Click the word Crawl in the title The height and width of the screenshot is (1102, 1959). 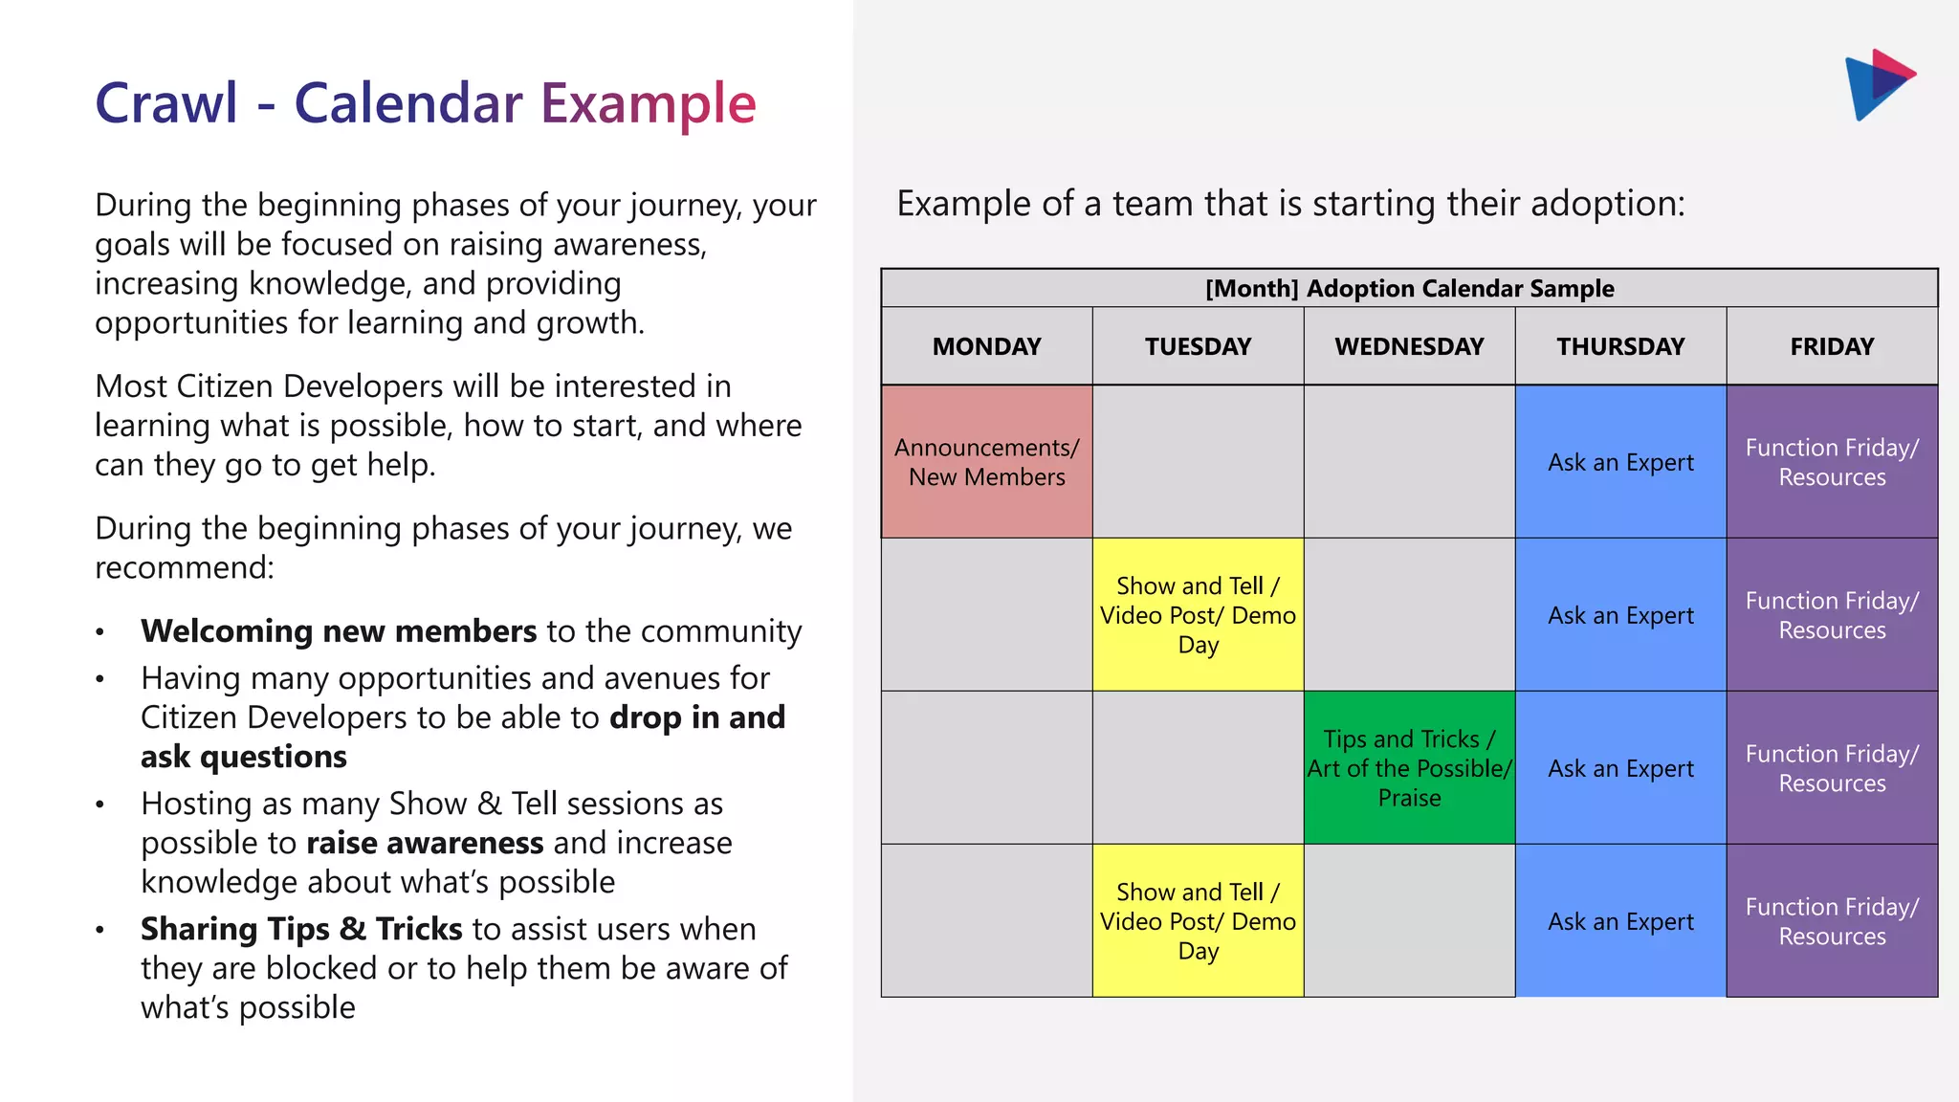point(166,103)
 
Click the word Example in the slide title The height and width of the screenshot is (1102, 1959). point(648,103)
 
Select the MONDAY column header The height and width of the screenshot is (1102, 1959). point(986,346)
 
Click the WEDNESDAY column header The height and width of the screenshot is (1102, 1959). point(1409,346)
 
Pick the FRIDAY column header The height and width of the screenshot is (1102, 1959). point(1832,346)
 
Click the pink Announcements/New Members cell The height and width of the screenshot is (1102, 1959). point(986,462)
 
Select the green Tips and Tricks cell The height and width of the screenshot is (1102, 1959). point(1409,768)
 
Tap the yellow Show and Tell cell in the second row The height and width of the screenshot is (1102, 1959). point(1198,615)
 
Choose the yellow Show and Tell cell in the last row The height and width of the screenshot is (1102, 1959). point(1198,921)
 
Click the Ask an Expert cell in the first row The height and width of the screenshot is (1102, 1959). point(1620,462)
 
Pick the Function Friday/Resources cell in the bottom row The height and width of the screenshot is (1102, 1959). point(1832,921)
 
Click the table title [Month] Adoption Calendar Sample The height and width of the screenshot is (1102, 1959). point(1409,288)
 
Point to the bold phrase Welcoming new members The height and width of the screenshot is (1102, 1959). point(338,631)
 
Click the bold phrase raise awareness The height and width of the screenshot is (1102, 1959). point(425,843)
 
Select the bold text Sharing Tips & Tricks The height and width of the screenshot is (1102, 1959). point(301,929)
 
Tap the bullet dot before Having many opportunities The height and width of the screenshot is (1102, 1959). point(99,680)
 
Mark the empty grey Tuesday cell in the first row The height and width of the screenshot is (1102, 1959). point(1198,462)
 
